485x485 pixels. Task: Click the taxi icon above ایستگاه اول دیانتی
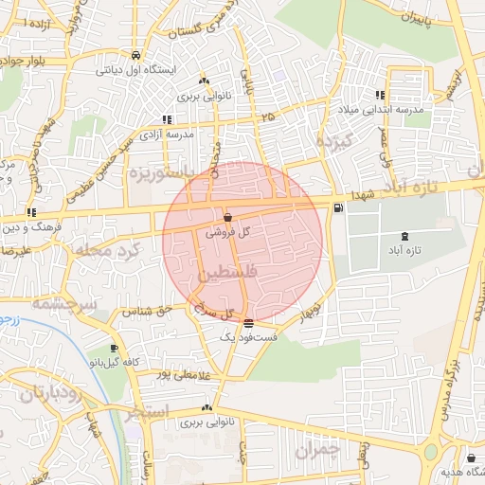click(137, 54)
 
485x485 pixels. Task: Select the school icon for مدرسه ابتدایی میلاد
click(380, 95)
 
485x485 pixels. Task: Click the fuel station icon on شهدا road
click(338, 207)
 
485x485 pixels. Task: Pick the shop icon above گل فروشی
click(228, 217)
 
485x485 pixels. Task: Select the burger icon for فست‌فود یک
click(248, 323)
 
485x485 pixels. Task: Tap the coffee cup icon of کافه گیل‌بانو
click(116, 348)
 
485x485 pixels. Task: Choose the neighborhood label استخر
click(147, 412)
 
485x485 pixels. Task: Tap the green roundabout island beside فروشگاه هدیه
click(432, 453)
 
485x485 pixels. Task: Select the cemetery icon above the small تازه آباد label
click(406, 236)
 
